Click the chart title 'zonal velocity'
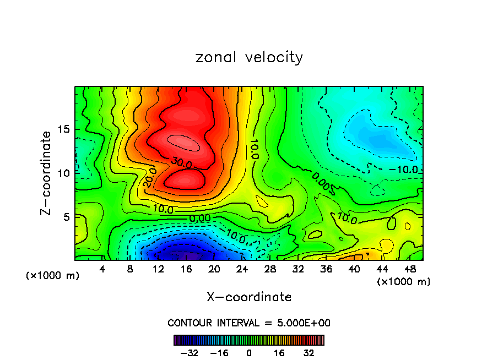(x=249, y=57)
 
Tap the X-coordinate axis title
(x=249, y=297)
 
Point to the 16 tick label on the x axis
(x=186, y=270)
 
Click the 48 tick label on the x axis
(x=410, y=270)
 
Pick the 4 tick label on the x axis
(x=102, y=270)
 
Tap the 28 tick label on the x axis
(x=270, y=270)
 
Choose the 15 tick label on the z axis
(x=64, y=129)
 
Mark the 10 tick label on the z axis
(x=64, y=173)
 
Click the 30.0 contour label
(x=180, y=163)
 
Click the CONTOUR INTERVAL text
(x=249, y=323)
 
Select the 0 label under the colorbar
(x=249, y=352)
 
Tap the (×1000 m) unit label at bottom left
(x=53, y=276)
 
